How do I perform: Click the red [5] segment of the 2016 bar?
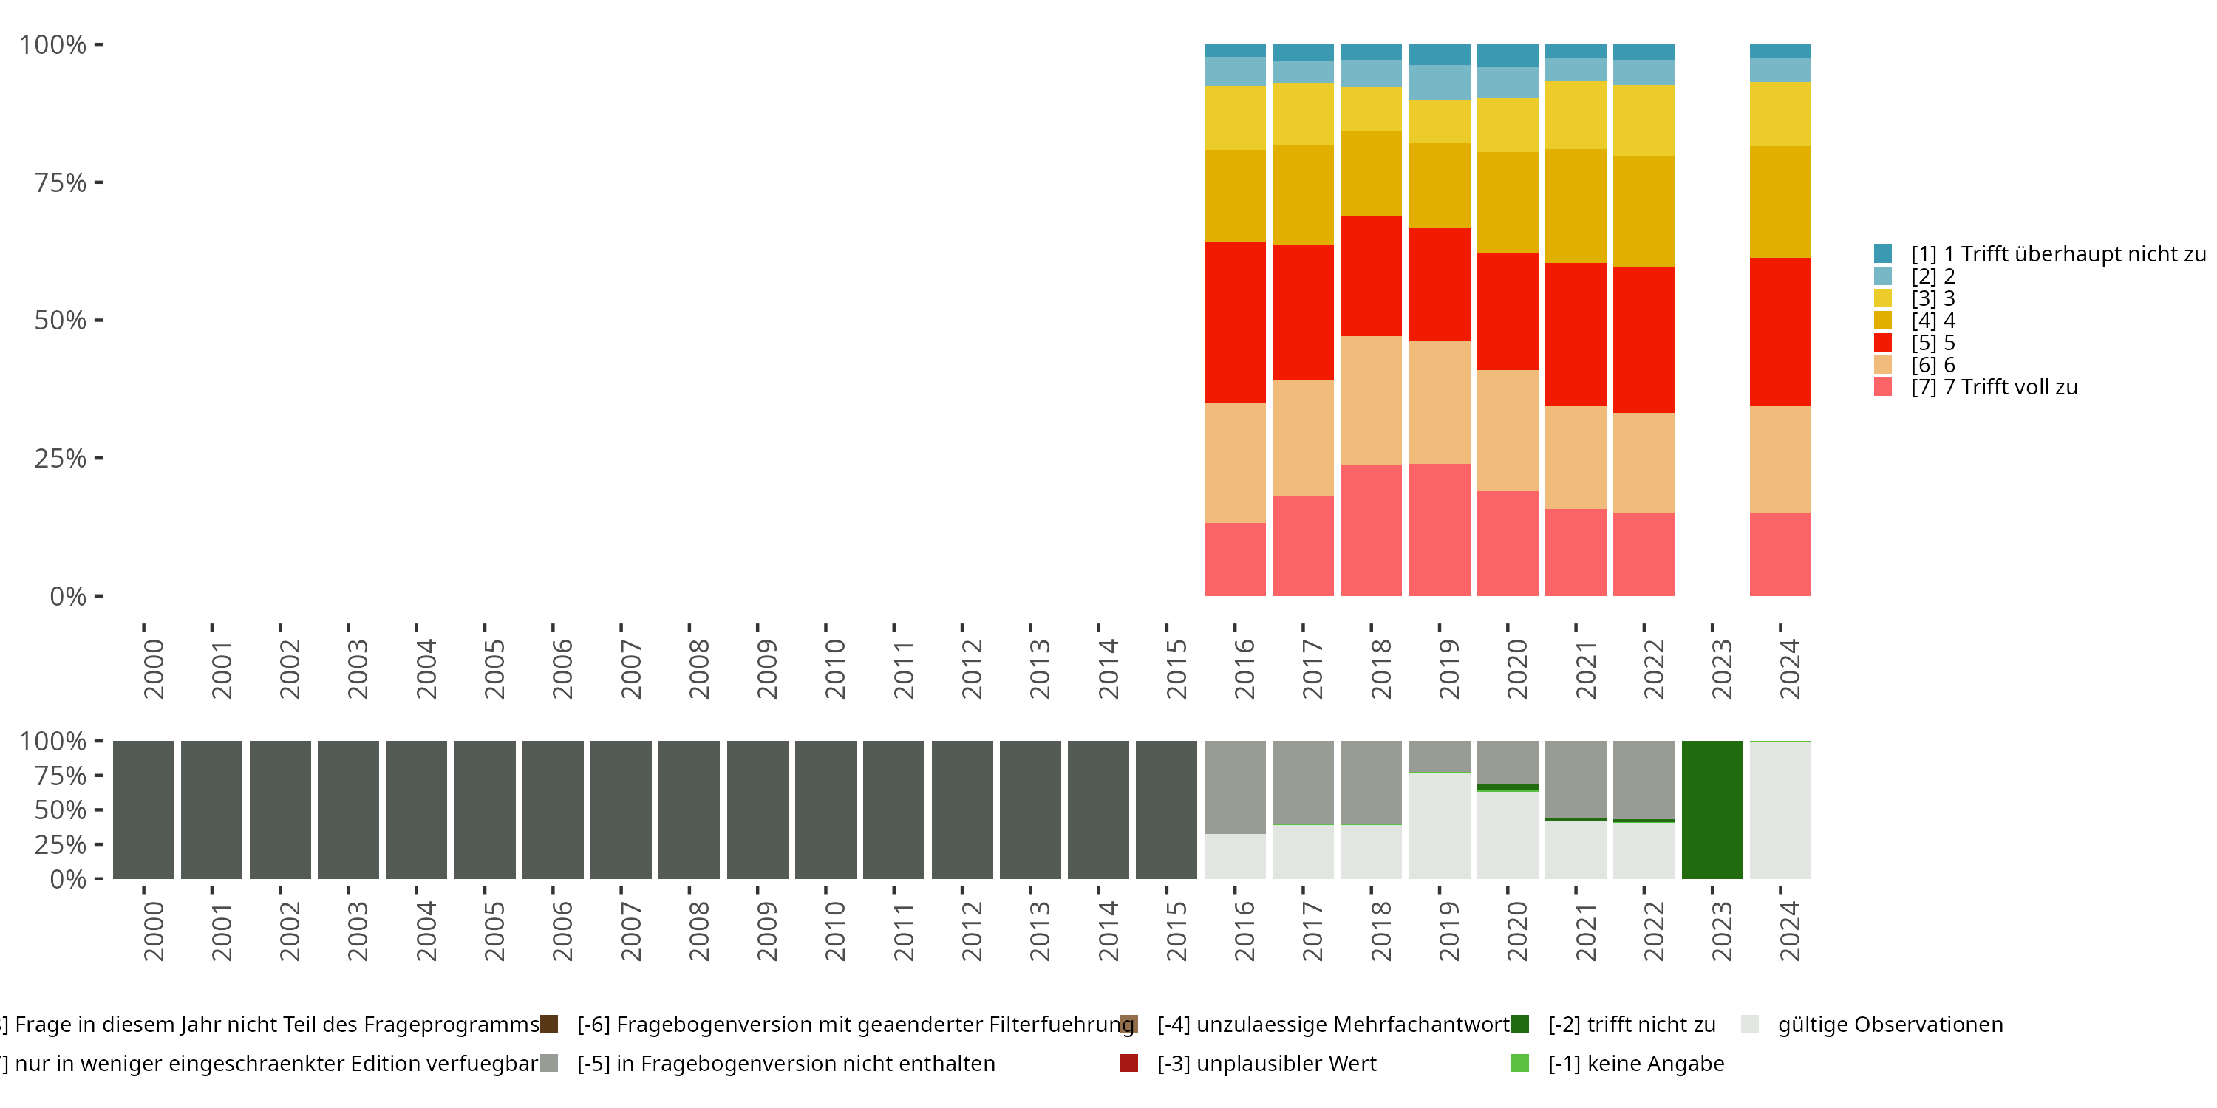(1234, 322)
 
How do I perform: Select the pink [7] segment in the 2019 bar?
(1439, 530)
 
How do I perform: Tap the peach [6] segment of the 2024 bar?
(1780, 459)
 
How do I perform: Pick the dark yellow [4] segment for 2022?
(1643, 211)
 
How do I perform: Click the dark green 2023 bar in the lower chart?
(1712, 810)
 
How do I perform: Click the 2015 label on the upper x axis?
(1176, 669)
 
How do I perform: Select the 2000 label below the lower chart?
(153, 931)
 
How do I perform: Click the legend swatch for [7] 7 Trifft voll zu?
(1882, 387)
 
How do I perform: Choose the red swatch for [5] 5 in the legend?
(1882, 343)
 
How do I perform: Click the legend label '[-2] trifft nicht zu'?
(1631, 1025)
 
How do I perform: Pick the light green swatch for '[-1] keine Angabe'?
(1520, 1063)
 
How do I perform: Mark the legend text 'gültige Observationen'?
(1890, 1025)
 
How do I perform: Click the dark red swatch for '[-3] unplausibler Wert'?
(1129, 1063)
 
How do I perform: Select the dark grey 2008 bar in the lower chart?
(689, 810)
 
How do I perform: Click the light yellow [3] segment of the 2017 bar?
(1302, 114)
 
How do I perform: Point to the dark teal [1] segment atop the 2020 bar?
(1507, 55)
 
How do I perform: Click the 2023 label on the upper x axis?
(1721, 669)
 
